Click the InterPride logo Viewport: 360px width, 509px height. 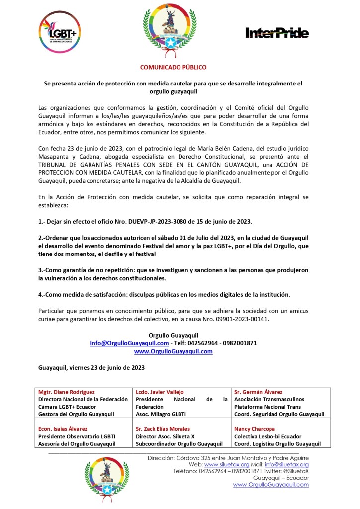tap(277, 33)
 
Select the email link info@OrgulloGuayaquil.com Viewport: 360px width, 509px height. tap(129, 343)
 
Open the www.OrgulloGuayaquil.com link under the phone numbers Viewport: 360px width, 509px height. tap(174, 351)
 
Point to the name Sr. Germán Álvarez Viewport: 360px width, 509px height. tap(258, 392)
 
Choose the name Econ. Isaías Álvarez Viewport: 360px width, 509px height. tap(63, 428)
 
